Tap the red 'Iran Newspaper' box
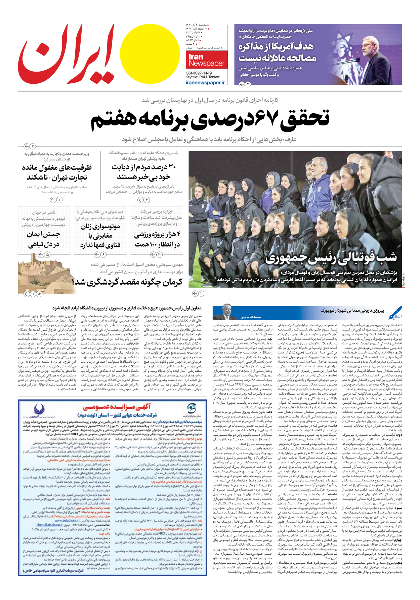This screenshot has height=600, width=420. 206,60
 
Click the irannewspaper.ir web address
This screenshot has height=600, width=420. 205,82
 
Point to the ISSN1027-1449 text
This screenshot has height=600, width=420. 199,73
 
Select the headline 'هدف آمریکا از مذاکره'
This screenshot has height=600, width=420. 276,46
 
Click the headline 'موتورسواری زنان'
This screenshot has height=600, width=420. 100,227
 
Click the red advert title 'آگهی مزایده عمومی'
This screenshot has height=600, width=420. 117,408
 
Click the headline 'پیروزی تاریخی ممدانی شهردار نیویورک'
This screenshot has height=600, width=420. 352,311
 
